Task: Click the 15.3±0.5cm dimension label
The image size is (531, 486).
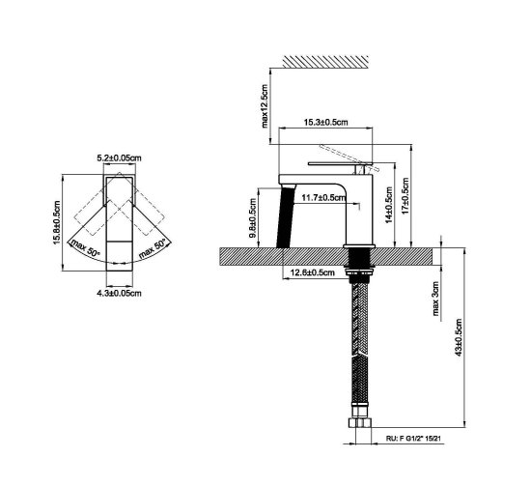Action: point(325,122)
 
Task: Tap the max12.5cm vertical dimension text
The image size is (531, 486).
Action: point(265,105)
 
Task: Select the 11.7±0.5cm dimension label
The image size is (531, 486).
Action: point(323,197)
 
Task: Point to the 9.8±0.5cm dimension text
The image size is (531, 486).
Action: point(253,218)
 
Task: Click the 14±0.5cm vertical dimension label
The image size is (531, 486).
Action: point(388,205)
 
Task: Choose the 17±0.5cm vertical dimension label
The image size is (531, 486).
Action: point(405,195)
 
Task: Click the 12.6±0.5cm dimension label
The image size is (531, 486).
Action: point(313,272)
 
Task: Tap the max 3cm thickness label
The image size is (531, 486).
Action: point(435,299)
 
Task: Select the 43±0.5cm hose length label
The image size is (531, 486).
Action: point(459,337)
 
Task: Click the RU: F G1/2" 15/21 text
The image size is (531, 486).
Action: point(413,439)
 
